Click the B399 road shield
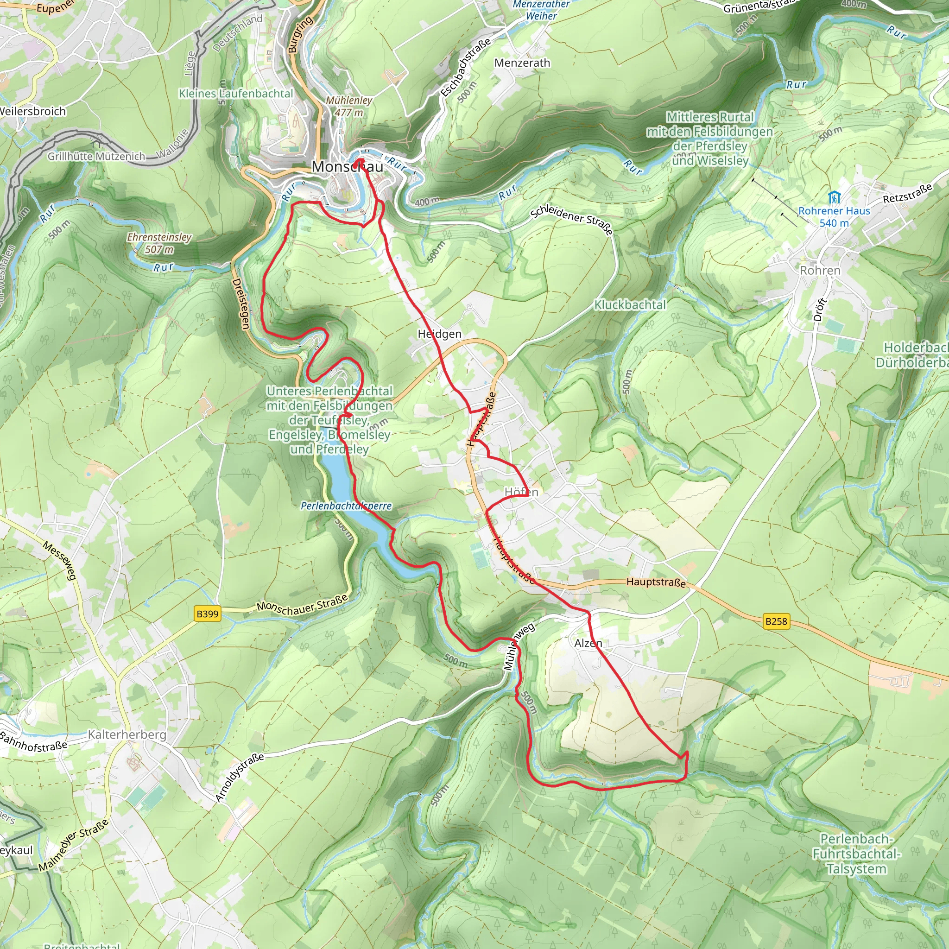pyautogui.click(x=207, y=614)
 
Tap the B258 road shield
pyautogui.click(x=776, y=621)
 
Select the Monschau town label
pyautogui.click(x=347, y=166)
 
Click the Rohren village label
pyautogui.click(x=820, y=270)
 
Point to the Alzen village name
pyautogui.click(x=588, y=643)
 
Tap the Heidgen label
pyautogui.click(x=439, y=334)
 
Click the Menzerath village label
pyautogui.click(x=522, y=63)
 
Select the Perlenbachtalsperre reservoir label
pyautogui.click(x=346, y=506)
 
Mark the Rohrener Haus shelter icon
pyautogui.click(x=834, y=197)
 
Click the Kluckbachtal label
pyautogui.click(x=630, y=304)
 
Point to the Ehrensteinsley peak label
pyautogui.click(x=159, y=243)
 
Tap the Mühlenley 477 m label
pyautogui.click(x=349, y=106)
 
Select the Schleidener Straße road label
pyautogui.click(x=571, y=220)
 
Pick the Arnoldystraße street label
pyautogui.click(x=239, y=778)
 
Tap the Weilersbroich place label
pyautogui.click(x=32, y=111)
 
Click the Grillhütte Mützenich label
pyautogui.click(x=96, y=156)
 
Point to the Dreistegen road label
pyautogui.click(x=240, y=304)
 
